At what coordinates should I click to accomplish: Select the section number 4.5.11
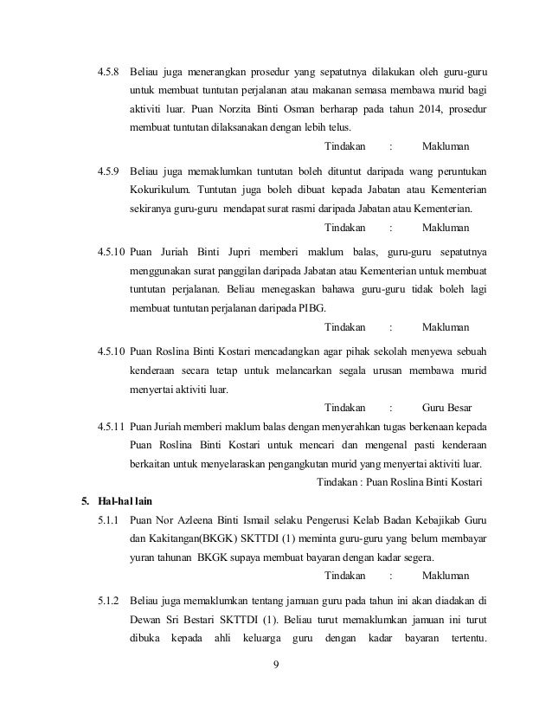[x=112, y=425]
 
